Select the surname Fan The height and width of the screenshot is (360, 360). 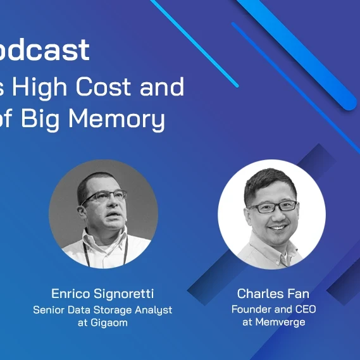click(x=297, y=294)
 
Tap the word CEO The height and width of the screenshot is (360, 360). click(x=304, y=309)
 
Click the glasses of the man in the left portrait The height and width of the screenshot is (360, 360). click(x=104, y=197)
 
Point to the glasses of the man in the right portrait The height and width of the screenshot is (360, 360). click(x=273, y=207)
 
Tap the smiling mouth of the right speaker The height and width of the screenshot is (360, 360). click(x=276, y=227)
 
